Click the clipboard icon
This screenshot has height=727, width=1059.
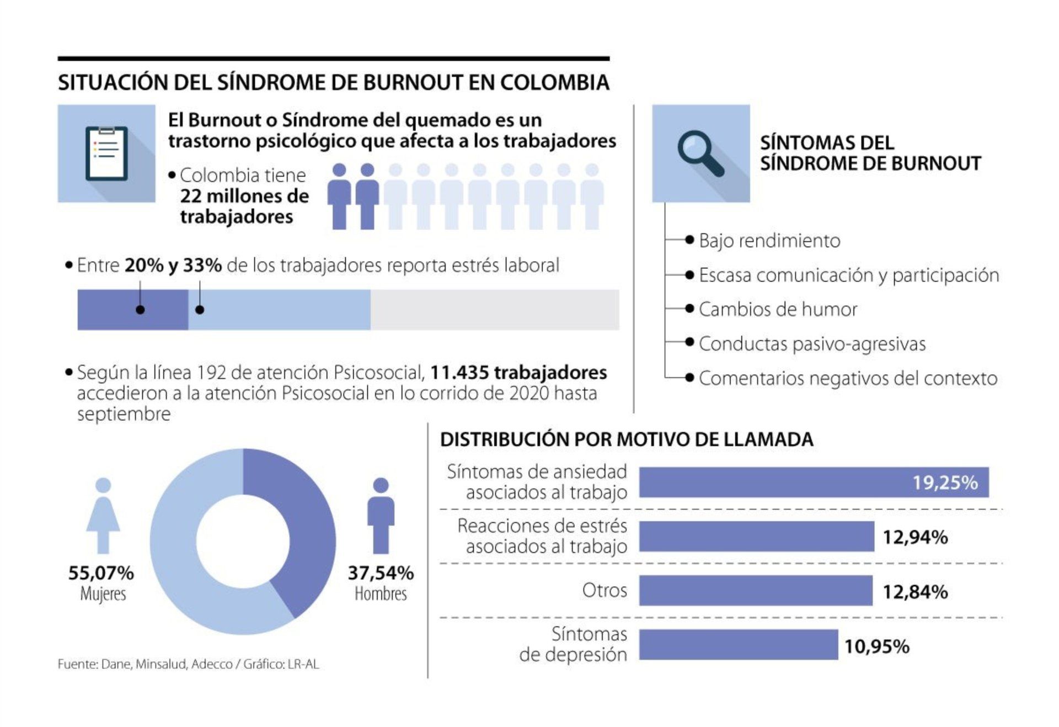[106, 153]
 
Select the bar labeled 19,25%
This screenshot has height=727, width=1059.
[814, 482]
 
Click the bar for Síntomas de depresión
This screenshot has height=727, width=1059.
[738, 645]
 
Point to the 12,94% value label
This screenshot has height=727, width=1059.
[915, 537]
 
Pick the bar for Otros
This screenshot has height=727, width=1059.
[756, 591]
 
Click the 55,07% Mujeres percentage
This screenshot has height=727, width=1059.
[101, 573]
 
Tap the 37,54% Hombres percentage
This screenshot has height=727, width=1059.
[381, 573]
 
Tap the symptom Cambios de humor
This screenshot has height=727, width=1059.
[778, 309]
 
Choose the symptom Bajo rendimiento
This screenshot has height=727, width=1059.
[769, 241]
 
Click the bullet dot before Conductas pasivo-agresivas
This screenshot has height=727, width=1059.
[689, 342]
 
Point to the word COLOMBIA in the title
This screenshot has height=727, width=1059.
[554, 82]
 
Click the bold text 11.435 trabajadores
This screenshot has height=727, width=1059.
[518, 373]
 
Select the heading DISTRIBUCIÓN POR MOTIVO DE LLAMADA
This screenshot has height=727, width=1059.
[627, 439]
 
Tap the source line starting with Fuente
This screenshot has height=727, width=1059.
[188, 664]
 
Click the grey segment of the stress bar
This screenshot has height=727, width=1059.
[494, 310]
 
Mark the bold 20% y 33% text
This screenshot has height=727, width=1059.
[173, 266]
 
